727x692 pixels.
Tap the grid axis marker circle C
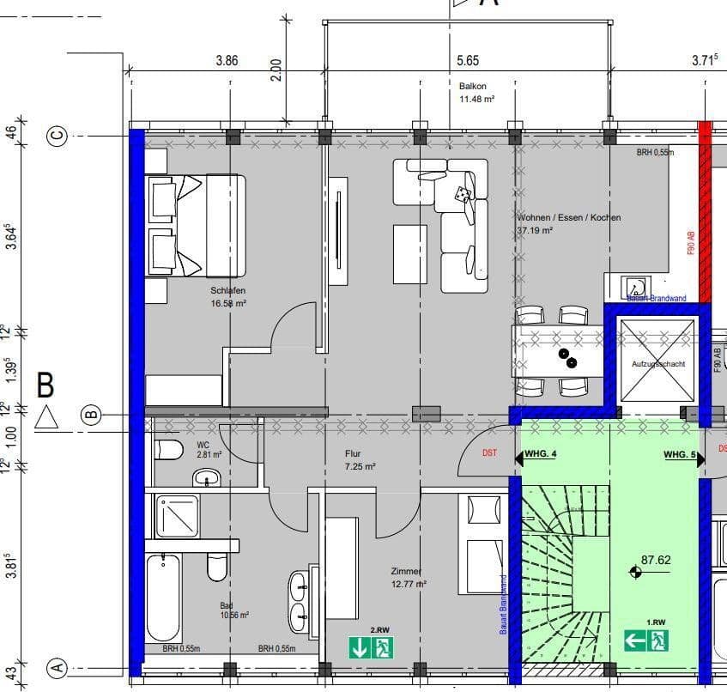coord(58,136)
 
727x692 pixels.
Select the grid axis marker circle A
coord(58,667)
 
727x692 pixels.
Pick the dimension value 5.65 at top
coord(468,61)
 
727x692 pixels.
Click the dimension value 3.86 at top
coord(226,61)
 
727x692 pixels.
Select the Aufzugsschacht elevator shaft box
coord(657,361)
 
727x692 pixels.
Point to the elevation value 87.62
coord(656,560)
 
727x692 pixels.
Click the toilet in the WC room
coord(169,450)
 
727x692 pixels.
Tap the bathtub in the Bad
coord(163,597)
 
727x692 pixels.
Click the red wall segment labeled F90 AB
coord(705,215)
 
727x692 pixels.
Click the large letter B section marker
coord(45,385)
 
